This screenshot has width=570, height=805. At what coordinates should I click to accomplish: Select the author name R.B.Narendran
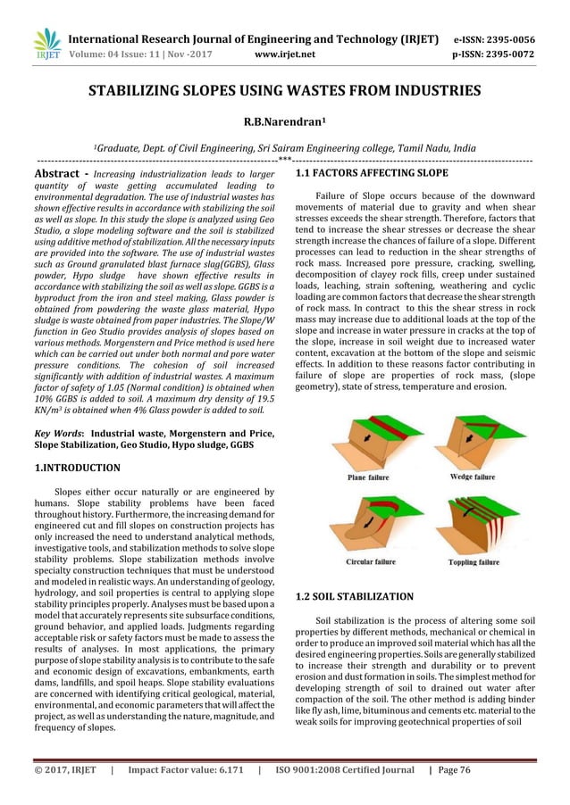pos(283,121)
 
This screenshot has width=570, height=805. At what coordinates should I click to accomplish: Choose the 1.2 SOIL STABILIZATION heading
pos(354,595)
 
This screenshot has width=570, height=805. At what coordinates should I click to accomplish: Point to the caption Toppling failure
pos(471,562)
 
